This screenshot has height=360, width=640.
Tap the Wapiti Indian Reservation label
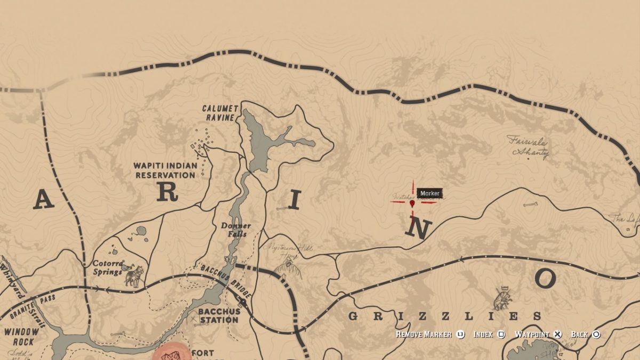coord(165,170)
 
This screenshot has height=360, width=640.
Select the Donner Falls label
coord(236,229)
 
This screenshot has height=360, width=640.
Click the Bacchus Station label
coord(218,315)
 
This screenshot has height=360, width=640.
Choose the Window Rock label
coord(22,336)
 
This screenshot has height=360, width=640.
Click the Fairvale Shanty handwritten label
coord(528,146)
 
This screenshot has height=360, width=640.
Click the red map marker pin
coord(412,203)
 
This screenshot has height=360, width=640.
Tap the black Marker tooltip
coord(429,193)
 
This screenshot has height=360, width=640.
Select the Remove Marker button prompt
coord(425,334)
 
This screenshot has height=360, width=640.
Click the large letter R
coord(167,193)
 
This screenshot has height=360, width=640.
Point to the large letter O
coord(545,278)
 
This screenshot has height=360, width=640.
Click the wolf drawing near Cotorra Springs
coord(134,276)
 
